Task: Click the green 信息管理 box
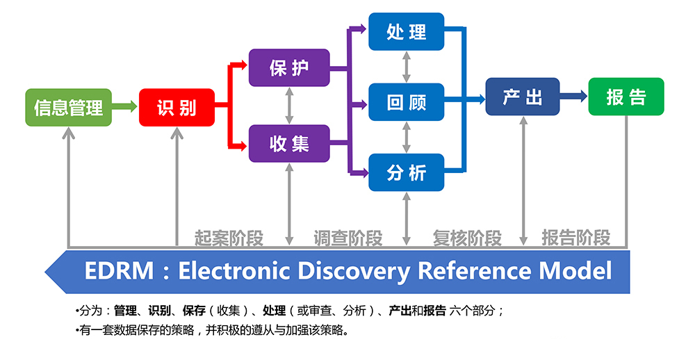pyautogui.click(x=68, y=107)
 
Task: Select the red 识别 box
pyautogui.click(x=177, y=107)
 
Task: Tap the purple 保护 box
pyautogui.click(x=289, y=67)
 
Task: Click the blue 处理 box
pyautogui.click(x=407, y=31)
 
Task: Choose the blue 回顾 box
pyautogui.click(x=407, y=103)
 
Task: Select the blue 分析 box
pyautogui.click(x=407, y=172)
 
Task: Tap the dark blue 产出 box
pyautogui.click(x=523, y=97)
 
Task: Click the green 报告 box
pyautogui.click(x=625, y=97)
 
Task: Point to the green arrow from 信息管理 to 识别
pyautogui.click(x=125, y=107)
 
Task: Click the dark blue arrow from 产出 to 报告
pyautogui.click(x=573, y=97)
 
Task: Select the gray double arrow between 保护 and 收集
pyautogui.click(x=289, y=106)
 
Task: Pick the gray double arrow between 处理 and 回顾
pyautogui.click(x=407, y=67)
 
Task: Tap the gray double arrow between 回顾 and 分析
pyautogui.click(x=407, y=138)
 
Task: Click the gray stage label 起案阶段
pyautogui.click(x=229, y=238)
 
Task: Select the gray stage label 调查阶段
pyautogui.click(x=347, y=238)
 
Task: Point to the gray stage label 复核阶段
pyautogui.click(x=466, y=238)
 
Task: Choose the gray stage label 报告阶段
pyautogui.click(x=575, y=238)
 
